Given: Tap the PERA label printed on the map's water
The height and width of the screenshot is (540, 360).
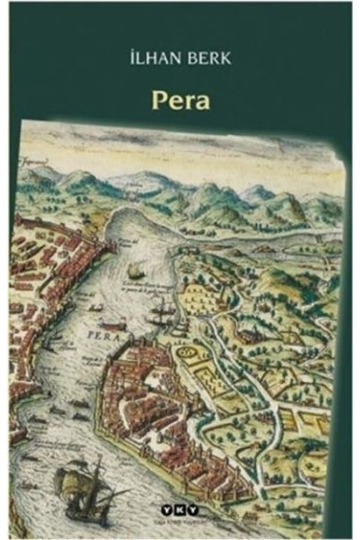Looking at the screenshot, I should [x=96, y=335].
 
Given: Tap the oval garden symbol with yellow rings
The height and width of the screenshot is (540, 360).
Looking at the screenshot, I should [x=187, y=351].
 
